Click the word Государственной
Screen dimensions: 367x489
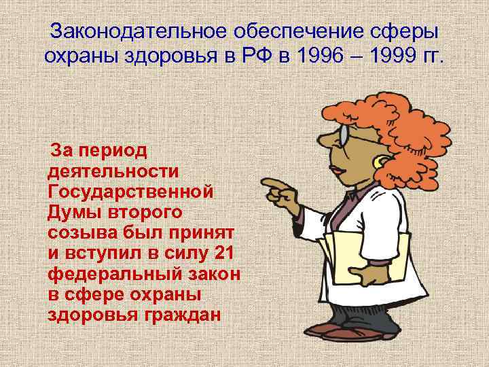coord(132,191)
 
